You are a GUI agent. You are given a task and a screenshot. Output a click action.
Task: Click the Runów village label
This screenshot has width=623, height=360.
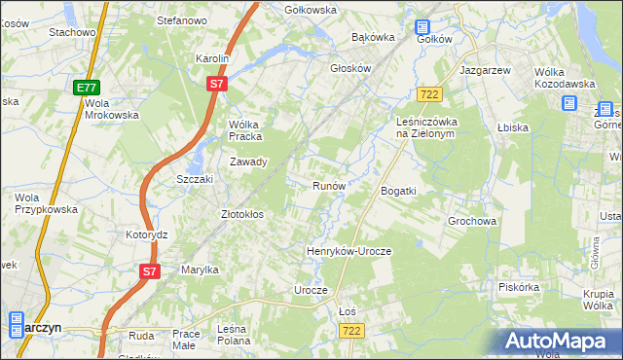pos(329,185)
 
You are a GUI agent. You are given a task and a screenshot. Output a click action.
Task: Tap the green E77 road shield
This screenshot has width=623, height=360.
pos(86,88)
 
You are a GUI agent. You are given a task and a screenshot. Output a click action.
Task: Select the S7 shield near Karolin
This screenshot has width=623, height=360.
pos(217,86)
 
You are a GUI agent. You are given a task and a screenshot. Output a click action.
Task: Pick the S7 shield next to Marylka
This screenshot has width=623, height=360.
pos(148,271)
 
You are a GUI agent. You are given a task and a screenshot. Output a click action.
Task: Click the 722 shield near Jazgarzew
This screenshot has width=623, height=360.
pos(429,93)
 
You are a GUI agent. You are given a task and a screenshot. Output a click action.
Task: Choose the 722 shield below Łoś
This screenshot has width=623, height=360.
pos(352,332)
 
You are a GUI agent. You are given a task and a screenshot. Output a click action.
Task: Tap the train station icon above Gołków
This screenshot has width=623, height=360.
pos(422,28)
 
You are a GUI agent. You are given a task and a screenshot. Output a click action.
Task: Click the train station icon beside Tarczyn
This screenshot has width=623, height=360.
pos(16,325)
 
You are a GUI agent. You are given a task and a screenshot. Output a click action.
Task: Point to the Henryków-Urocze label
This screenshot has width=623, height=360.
pos(348,251)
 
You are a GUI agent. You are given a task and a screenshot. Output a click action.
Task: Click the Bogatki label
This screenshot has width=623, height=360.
pos(398,191)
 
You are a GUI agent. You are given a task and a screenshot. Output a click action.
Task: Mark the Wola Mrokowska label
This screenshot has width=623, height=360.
pos(112,108)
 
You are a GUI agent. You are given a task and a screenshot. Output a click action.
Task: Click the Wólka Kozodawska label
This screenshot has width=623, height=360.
pos(566,78)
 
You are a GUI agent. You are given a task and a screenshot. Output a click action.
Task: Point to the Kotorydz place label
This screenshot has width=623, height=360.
pos(147,235)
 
